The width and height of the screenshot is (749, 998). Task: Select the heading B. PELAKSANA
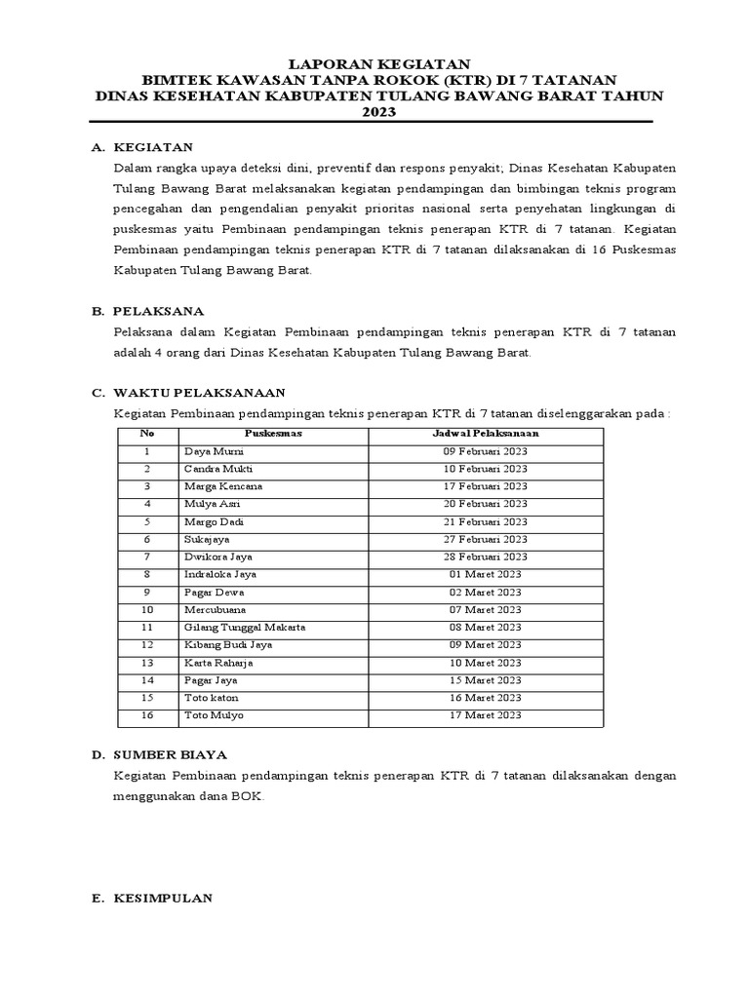click(x=148, y=311)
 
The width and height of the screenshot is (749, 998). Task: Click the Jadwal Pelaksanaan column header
click(x=485, y=434)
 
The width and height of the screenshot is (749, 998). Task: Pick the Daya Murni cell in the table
click(x=214, y=451)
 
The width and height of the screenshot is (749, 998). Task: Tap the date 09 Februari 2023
click(x=485, y=451)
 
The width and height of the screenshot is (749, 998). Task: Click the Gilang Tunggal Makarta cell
click(x=245, y=627)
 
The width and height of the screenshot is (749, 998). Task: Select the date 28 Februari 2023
click(x=485, y=557)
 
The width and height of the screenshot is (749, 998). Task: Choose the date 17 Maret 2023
click(x=485, y=714)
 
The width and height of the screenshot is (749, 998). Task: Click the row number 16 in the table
click(x=146, y=714)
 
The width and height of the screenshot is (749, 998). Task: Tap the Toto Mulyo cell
click(x=214, y=714)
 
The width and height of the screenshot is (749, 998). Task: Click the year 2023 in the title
click(x=374, y=112)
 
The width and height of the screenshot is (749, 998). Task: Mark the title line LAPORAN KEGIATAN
click(x=374, y=62)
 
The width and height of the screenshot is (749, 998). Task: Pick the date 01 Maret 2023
click(x=485, y=574)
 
